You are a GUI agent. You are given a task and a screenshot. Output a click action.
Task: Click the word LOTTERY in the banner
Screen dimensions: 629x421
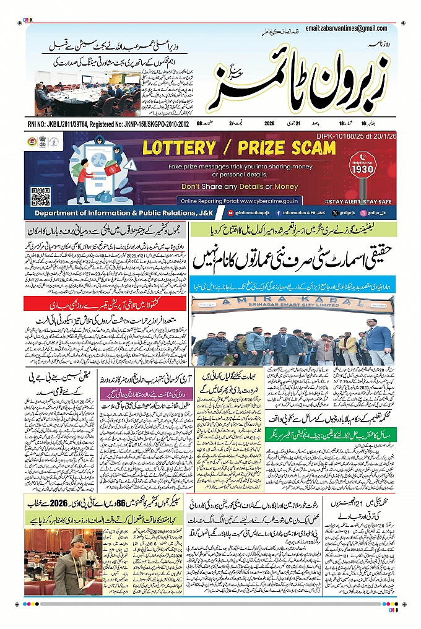tap(180, 147)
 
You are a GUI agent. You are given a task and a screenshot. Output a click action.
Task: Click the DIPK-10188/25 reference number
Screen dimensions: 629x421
tap(364, 136)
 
